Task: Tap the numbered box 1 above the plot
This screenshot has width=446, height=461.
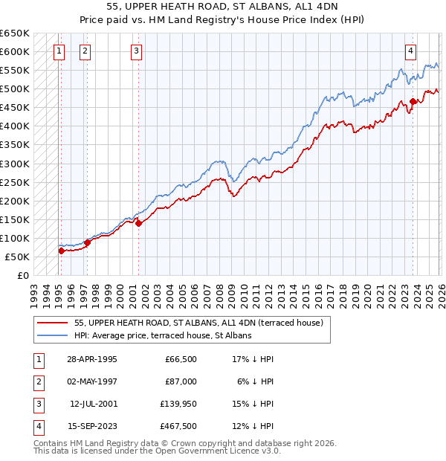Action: pyautogui.click(x=59, y=51)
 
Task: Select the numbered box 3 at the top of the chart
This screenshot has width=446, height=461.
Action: pyautogui.click(x=137, y=51)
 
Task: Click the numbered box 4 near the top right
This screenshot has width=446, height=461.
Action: pyautogui.click(x=410, y=51)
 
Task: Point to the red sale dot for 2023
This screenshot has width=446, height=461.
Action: pyautogui.click(x=413, y=101)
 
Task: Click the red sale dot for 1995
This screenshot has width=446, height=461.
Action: pyautogui.click(x=61, y=251)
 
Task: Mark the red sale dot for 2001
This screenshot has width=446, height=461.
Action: pyautogui.click(x=139, y=223)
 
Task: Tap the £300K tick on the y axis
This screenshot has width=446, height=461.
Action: pyautogui.click(x=15, y=164)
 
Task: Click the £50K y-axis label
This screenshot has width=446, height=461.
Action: pyautogui.click(x=17, y=257)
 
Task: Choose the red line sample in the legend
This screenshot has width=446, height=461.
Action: pyautogui.click(x=52, y=323)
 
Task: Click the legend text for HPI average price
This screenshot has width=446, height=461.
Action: pyautogui.click(x=163, y=335)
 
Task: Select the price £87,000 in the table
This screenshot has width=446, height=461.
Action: pyautogui.click(x=181, y=381)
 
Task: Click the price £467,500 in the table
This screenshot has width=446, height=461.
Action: pyautogui.click(x=178, y=426)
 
